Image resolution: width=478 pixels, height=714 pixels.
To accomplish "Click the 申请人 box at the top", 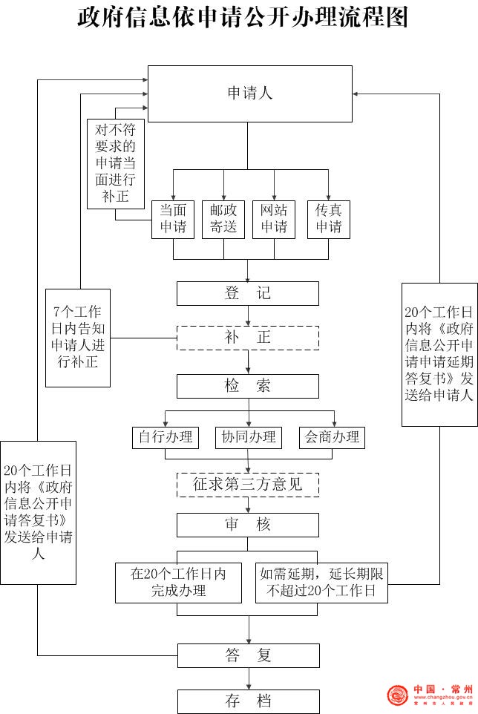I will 249,93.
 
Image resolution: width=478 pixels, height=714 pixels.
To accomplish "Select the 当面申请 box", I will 173,219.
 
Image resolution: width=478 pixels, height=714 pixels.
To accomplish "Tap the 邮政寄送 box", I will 223,219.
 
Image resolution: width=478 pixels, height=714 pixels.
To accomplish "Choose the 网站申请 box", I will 274,219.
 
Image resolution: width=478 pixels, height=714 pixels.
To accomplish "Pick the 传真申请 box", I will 328,219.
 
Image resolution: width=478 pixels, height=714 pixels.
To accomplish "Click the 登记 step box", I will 248,293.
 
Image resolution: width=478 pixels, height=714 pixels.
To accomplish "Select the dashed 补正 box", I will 248,338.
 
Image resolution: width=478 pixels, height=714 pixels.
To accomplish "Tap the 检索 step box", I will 248,386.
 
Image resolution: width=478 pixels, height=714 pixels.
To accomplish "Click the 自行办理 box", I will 165,437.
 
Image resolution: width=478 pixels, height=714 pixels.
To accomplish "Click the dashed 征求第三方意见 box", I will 248,485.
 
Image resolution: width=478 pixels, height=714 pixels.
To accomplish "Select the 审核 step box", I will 248,525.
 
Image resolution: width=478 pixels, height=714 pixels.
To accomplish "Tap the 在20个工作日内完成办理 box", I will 178,583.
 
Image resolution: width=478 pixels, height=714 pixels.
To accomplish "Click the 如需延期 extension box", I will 321,583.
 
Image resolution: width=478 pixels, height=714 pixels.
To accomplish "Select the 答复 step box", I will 248,655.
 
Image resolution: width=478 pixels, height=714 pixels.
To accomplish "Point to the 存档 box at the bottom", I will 248,701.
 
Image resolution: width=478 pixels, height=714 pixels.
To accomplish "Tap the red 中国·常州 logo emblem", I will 398,696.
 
